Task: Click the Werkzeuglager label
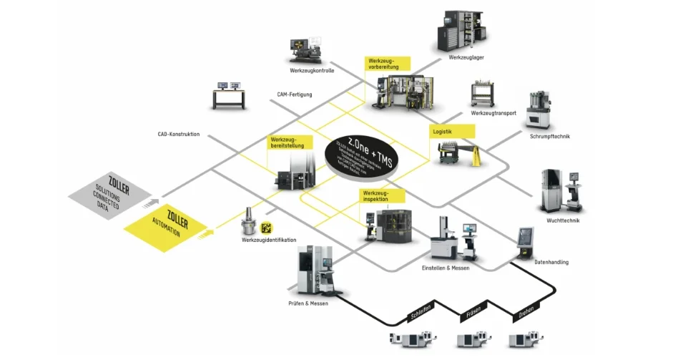click(x=467, y=57)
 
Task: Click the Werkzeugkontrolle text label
click(x=312, y=71)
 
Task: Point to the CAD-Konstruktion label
click(x=179, y=135)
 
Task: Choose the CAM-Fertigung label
click(x=295, y=94)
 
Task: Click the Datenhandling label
click(x=551, y=263)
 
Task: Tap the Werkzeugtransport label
click(x=493, y=113)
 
